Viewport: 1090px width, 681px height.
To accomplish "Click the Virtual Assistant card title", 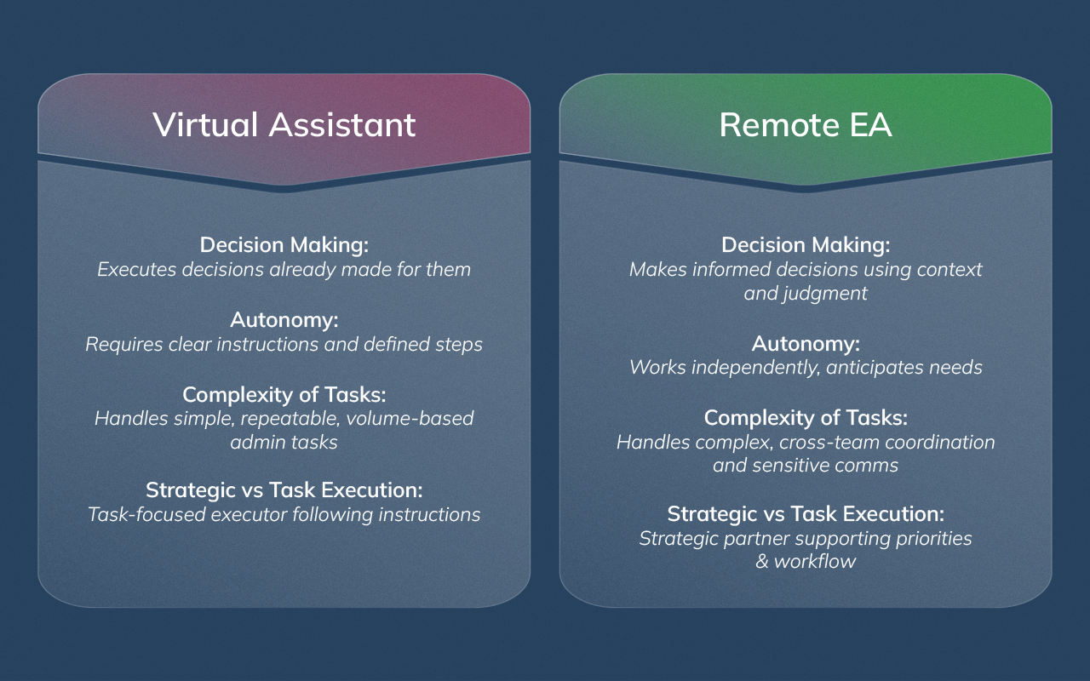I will (x=284, y=124).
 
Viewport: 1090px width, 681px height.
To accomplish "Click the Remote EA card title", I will (x=806, y=124).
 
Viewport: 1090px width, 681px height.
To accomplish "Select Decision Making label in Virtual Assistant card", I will (x=284, y=245).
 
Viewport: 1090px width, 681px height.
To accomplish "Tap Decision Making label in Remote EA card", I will (x=806, y=245).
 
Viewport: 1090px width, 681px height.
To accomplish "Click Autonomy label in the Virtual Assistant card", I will (x=284, y=320).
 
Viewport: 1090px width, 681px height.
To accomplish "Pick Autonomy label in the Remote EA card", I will (x=806, y=344).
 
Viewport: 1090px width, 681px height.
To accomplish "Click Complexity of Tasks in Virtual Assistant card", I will (x=284, y=395).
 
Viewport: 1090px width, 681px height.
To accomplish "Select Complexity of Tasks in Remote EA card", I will (x=806, y=419).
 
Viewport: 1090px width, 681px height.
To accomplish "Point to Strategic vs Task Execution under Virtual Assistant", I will (x=284, y=490).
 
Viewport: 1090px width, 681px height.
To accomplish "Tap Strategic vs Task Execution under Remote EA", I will (x=806, y=514).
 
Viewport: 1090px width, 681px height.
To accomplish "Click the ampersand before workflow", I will (x=762, y=562).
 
